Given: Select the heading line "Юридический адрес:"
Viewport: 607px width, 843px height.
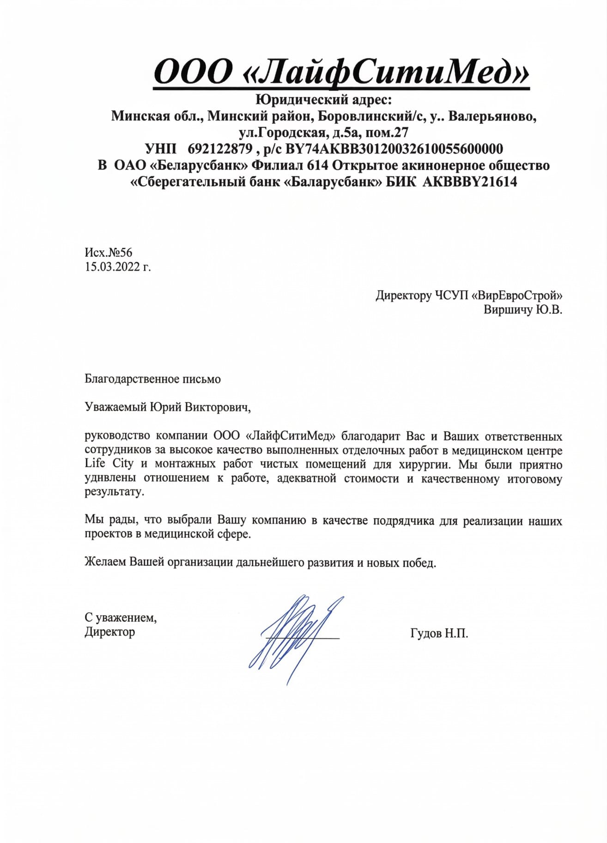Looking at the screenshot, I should [x=323, y=99].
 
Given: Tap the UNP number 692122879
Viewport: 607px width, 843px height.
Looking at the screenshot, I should [x=220, y=149].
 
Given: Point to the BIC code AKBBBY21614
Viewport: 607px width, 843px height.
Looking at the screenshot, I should [x=469, y=182].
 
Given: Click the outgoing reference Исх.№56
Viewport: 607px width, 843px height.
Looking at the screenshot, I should [x=109, y=252].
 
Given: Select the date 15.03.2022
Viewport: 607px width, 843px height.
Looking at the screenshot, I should [x=114, y=267].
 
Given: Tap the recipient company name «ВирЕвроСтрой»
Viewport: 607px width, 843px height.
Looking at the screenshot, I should [x=517, y=295].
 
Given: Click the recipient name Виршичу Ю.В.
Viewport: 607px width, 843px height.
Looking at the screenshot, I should [x=523, y=310].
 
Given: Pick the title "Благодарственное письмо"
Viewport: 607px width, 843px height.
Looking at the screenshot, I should [x=153, y=379].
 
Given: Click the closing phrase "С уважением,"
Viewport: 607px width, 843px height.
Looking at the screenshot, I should [x=121, y=617].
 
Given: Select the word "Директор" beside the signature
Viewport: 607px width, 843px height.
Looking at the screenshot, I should [x=110, y=632].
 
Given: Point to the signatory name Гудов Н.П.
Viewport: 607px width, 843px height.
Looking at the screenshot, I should [x=439, y=633].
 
